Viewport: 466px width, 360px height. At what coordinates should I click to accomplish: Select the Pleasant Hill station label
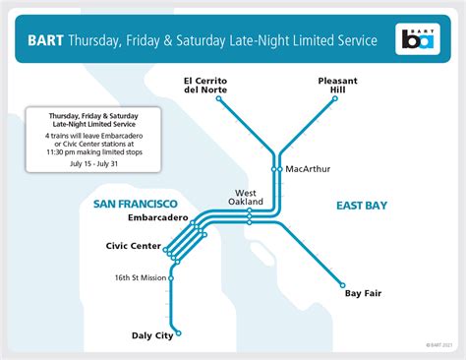pos(340,85)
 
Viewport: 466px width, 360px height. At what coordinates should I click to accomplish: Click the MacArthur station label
pos(309,169)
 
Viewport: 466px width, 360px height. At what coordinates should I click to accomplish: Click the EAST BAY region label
pos(361,206)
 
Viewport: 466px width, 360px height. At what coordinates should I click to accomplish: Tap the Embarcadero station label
pos(149,216)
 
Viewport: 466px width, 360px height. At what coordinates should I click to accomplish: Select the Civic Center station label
pos(133,245)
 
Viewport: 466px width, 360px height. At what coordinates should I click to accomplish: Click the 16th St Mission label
pos(140,277)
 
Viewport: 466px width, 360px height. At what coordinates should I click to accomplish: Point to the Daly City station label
pos(152,335)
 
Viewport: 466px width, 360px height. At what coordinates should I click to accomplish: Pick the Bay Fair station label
pos(362,293)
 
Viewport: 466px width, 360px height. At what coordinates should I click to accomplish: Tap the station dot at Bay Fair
pos(343,279)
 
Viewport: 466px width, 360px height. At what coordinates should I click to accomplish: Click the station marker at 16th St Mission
pos(173,277)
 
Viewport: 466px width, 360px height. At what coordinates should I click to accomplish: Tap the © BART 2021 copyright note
pos(439,344)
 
